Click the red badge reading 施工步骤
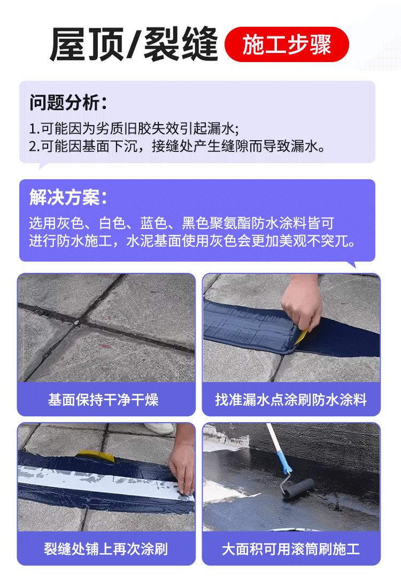[x=287, y=44]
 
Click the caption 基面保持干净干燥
[x=103, y=400]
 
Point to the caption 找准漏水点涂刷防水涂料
[x=291, y=400]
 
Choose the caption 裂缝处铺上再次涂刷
[x=106, y=549]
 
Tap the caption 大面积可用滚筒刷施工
[x=291, y=549]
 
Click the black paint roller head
[x=298, y=488]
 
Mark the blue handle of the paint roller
[x=285, y=463]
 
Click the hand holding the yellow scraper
[x=302, y=302]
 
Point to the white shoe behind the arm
[x=160, y=429]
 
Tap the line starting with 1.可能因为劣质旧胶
[x=134, y=129]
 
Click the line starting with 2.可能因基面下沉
[x=177, y=147]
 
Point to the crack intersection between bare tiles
[x=77, y=323]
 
